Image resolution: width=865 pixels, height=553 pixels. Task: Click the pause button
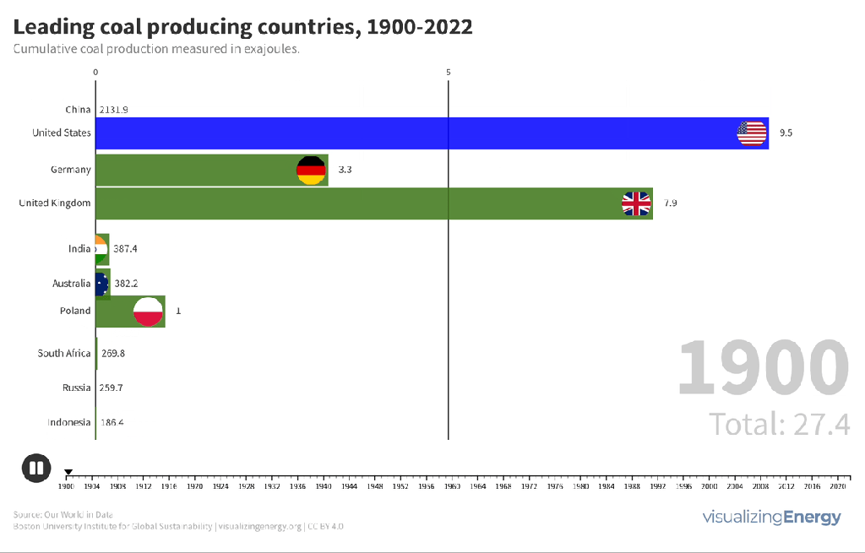(x=36, y=468)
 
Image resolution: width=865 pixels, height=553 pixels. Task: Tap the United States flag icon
(x=752, y=133)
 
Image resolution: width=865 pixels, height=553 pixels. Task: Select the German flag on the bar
(x=311, y=171)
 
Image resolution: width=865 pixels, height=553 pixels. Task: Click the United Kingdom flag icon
(x=637, y=203)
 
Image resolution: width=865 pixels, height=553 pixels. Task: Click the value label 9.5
(x=786, y=133)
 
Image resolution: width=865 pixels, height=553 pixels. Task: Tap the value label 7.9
(x=670, y=203)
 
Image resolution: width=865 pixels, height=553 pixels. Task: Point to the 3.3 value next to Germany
(x=345, y=170)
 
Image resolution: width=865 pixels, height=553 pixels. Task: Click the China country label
(x=78, y=110)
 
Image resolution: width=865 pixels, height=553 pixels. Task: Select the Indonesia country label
(x=69, y=422)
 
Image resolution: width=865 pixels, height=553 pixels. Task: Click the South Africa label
(x=64, y=354)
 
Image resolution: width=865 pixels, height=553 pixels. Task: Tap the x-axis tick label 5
(x=449, y=73)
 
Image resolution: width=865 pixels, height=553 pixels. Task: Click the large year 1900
(x=763, y=366)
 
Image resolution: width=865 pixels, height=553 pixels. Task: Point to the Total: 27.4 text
(x=779, y=423)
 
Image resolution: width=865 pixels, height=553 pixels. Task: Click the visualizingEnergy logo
(x=771, y=517)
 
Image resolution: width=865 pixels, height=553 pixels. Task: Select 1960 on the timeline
(x=452, y=486)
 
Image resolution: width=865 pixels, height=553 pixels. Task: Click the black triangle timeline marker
(x=69, y=472)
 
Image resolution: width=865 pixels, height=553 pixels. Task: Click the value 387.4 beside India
(x=125, y=249)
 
